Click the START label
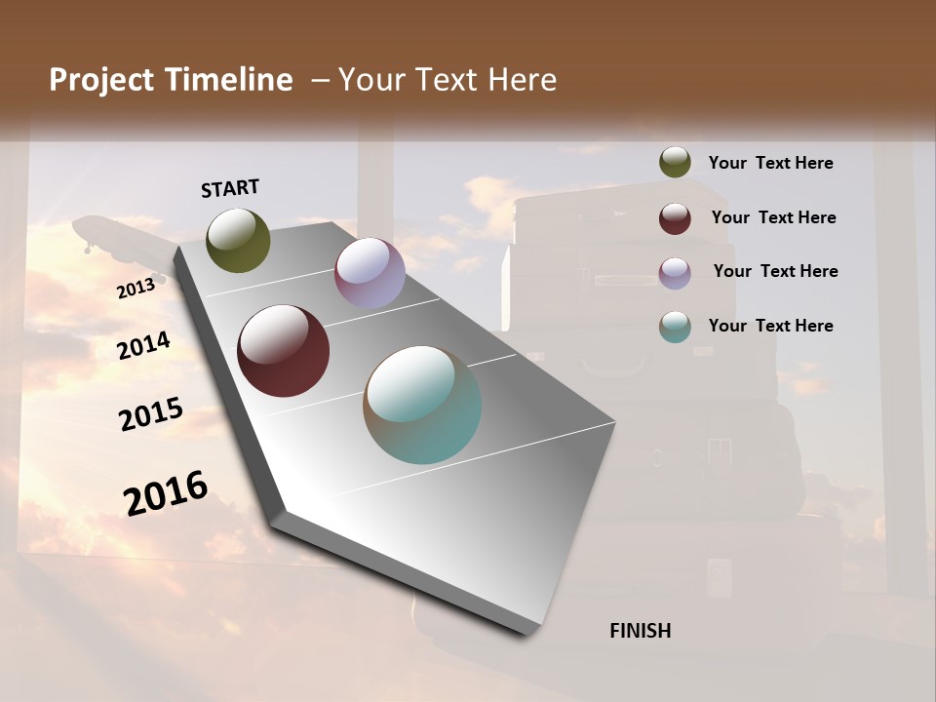click(x=230, y=188)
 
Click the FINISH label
click(x=641, y=631)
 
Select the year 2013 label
click(x=136, y=289)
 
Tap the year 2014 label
click(x=144, y=345)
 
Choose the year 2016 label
click(x=166, y=492)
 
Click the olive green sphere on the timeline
click(x=238, y=240)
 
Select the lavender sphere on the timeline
click(x=370, y=273)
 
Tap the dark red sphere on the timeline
click(x=283, y=351)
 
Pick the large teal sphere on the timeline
click(x=422, y=405)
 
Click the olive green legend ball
click(x=675, y=163)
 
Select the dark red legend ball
click(x=675, y=217)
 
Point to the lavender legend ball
click(x=675, y=272)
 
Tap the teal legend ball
click(x=675, y=327)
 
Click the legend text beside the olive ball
click(x=770, y=163)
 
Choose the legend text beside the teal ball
click(x=770, y=326)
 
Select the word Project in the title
click(x=102, y=80)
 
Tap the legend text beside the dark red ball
click(x=773, y=217)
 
